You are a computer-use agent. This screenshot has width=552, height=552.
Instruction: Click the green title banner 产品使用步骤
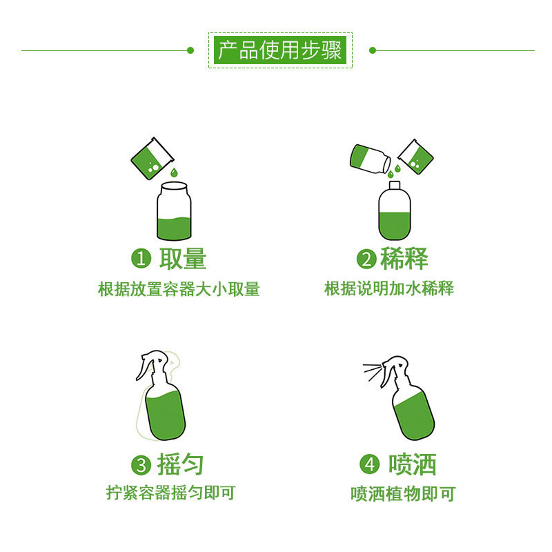(x=280, y=50)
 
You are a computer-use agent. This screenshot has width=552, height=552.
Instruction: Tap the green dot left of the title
(x=190, y=50)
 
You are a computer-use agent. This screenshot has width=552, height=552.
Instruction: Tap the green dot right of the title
(x=372, y=50)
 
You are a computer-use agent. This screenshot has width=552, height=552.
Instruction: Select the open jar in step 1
(x=174, y=211)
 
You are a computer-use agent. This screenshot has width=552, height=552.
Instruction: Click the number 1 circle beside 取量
(x=141, y=259)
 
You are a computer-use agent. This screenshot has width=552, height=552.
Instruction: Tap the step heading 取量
(x=183, y=259)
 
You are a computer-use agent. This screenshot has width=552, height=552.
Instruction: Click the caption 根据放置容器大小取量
(x=179, y=289)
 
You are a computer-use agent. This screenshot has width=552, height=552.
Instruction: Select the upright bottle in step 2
(x=394, y=210)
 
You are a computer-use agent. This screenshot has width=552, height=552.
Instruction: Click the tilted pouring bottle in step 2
(x=369, y=158)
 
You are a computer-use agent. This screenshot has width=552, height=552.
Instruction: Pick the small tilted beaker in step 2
(x=414, y=155)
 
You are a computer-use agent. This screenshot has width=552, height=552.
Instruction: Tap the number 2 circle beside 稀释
(x=366, y=259)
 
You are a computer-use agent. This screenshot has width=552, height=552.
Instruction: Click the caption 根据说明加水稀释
(x=389, y=288)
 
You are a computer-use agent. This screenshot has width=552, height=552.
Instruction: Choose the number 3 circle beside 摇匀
(x=141, y=465)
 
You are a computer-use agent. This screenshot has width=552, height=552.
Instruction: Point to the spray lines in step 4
(x=373, y=371)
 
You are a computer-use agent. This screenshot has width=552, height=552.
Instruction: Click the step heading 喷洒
(x=413, y=464)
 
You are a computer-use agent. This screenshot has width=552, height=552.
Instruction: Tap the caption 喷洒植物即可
(x=403, y=494)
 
